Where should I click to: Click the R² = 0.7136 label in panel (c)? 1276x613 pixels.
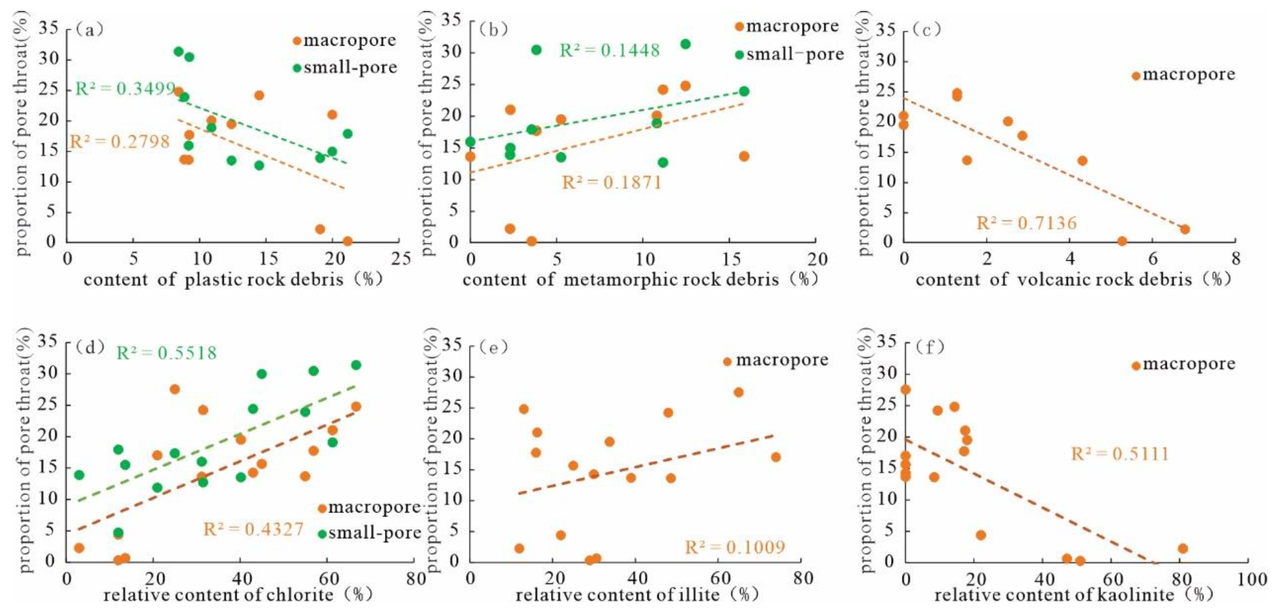(x=1026, y=224)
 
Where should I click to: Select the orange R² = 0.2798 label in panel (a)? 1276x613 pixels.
(x=119, y=142)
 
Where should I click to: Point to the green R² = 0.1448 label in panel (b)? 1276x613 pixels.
(x=609, y=50)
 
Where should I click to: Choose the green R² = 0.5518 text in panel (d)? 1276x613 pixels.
(x=166, y=354)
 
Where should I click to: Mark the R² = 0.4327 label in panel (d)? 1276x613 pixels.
(x=253, y=529)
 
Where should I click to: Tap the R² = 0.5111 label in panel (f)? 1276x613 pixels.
(x=1119, y=454)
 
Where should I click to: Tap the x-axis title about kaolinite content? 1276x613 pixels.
(x=1073, y=594)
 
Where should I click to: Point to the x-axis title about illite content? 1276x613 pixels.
(x=637, y=594)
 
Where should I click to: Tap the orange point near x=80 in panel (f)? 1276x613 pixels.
(x=1183, y=548)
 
